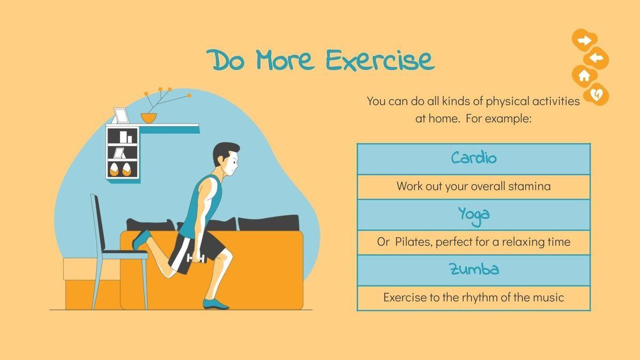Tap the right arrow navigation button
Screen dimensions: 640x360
pos(585,40)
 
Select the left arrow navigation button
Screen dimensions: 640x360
pos(596,58)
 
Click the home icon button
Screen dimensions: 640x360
pos(585,76)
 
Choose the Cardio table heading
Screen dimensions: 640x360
pos(474,158)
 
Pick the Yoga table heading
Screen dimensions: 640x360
pos(474,215)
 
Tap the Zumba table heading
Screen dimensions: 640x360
pos(474,269)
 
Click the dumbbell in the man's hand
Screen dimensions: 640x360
pos(196,259)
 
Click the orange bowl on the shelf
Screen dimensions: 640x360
pos(149,118)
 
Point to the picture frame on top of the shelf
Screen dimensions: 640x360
pos(121,116)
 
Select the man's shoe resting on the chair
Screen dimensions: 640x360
pos(141,239)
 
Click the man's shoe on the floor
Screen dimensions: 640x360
pos(215,304)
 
